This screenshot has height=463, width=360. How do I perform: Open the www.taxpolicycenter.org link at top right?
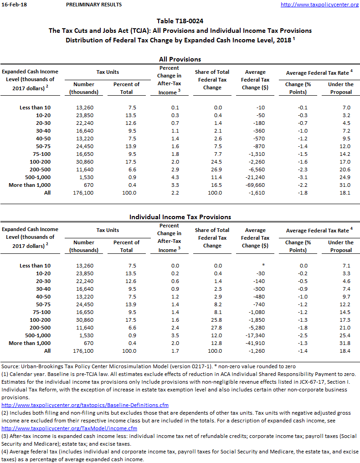click(319, 5)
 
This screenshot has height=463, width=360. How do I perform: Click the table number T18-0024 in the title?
click(191, 21)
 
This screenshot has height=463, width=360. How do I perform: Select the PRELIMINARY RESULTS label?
click(94, 5)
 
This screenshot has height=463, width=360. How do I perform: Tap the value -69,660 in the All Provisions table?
click(256, 185)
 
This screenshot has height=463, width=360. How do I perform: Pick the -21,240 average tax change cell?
click(256, 177)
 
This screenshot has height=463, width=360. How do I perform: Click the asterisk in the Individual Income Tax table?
click(263, 266)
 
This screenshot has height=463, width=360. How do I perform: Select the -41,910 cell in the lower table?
click(256, 343)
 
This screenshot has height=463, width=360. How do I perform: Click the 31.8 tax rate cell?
click(345, 343)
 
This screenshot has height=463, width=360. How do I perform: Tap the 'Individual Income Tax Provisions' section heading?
click(180, 217)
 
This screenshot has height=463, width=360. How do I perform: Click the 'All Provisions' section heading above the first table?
click(180, 59)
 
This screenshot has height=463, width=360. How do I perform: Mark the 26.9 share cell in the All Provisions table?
click(212, 170)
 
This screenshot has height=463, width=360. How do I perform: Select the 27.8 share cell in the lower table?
click(212, 328)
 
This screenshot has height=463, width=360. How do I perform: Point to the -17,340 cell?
click(256, 335)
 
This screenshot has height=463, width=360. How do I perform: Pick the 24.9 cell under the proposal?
click(345, 177)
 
